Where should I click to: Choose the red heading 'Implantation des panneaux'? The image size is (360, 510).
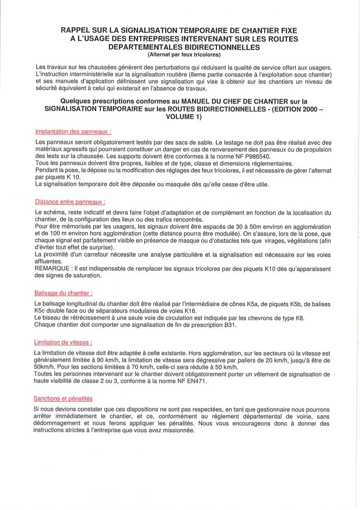[x=73, y=132]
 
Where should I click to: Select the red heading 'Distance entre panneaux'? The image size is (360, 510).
[x=70, y=202]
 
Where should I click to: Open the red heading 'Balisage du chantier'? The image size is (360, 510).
[x=63, y=293]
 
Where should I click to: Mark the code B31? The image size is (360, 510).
[x=230, y=325]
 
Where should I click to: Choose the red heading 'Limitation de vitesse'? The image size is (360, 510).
[x=63, y=343]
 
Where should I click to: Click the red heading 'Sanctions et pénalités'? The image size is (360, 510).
[x=63, y=398]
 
